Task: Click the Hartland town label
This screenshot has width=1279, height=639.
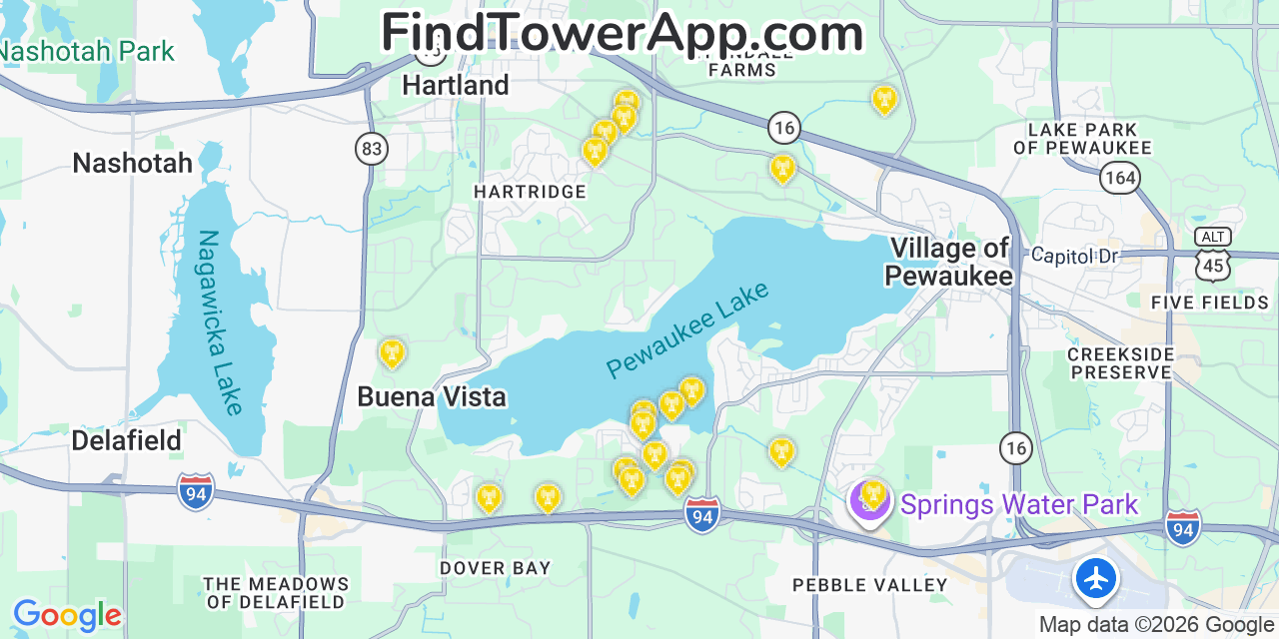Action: (x=456, y=86)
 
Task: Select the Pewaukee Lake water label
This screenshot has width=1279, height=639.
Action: (x=688, y=329)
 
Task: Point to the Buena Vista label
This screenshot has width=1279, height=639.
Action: (x=432, y=397)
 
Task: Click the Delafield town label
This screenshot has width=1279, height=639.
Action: (x=127, y=440)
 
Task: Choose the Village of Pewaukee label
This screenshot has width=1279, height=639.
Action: (x=949, y=262)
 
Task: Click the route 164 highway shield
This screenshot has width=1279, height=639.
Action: (x=1119, y=179)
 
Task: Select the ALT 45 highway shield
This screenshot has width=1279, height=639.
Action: (x=1212, y=254)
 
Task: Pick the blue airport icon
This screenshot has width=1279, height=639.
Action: (x=1096, y=578)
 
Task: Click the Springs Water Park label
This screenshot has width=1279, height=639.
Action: (x=1018, y=504)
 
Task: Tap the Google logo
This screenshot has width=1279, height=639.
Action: (x=67, y=615)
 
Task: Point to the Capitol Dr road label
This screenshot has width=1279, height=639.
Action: (x=1074, y=256)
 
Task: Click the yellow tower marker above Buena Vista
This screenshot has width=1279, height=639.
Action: (x=392, y=352)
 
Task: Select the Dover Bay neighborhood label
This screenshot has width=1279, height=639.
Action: (x=496, y=568)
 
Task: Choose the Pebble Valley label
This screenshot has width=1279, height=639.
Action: (x=869, y=585)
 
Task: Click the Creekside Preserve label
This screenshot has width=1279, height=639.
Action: (x=1119, y=363)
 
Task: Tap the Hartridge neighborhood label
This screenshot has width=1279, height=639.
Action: (x=530, y=192)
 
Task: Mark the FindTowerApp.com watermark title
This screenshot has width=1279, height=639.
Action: (x=622, y=33)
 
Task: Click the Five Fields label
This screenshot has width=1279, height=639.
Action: (x=1209, y=303)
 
